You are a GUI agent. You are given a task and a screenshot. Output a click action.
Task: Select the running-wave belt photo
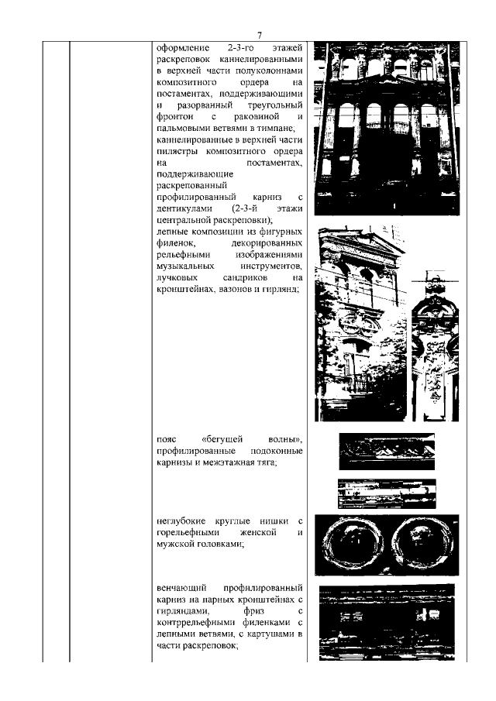click(387, 452)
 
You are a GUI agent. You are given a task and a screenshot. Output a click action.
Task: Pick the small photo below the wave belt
click(387, 492)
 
